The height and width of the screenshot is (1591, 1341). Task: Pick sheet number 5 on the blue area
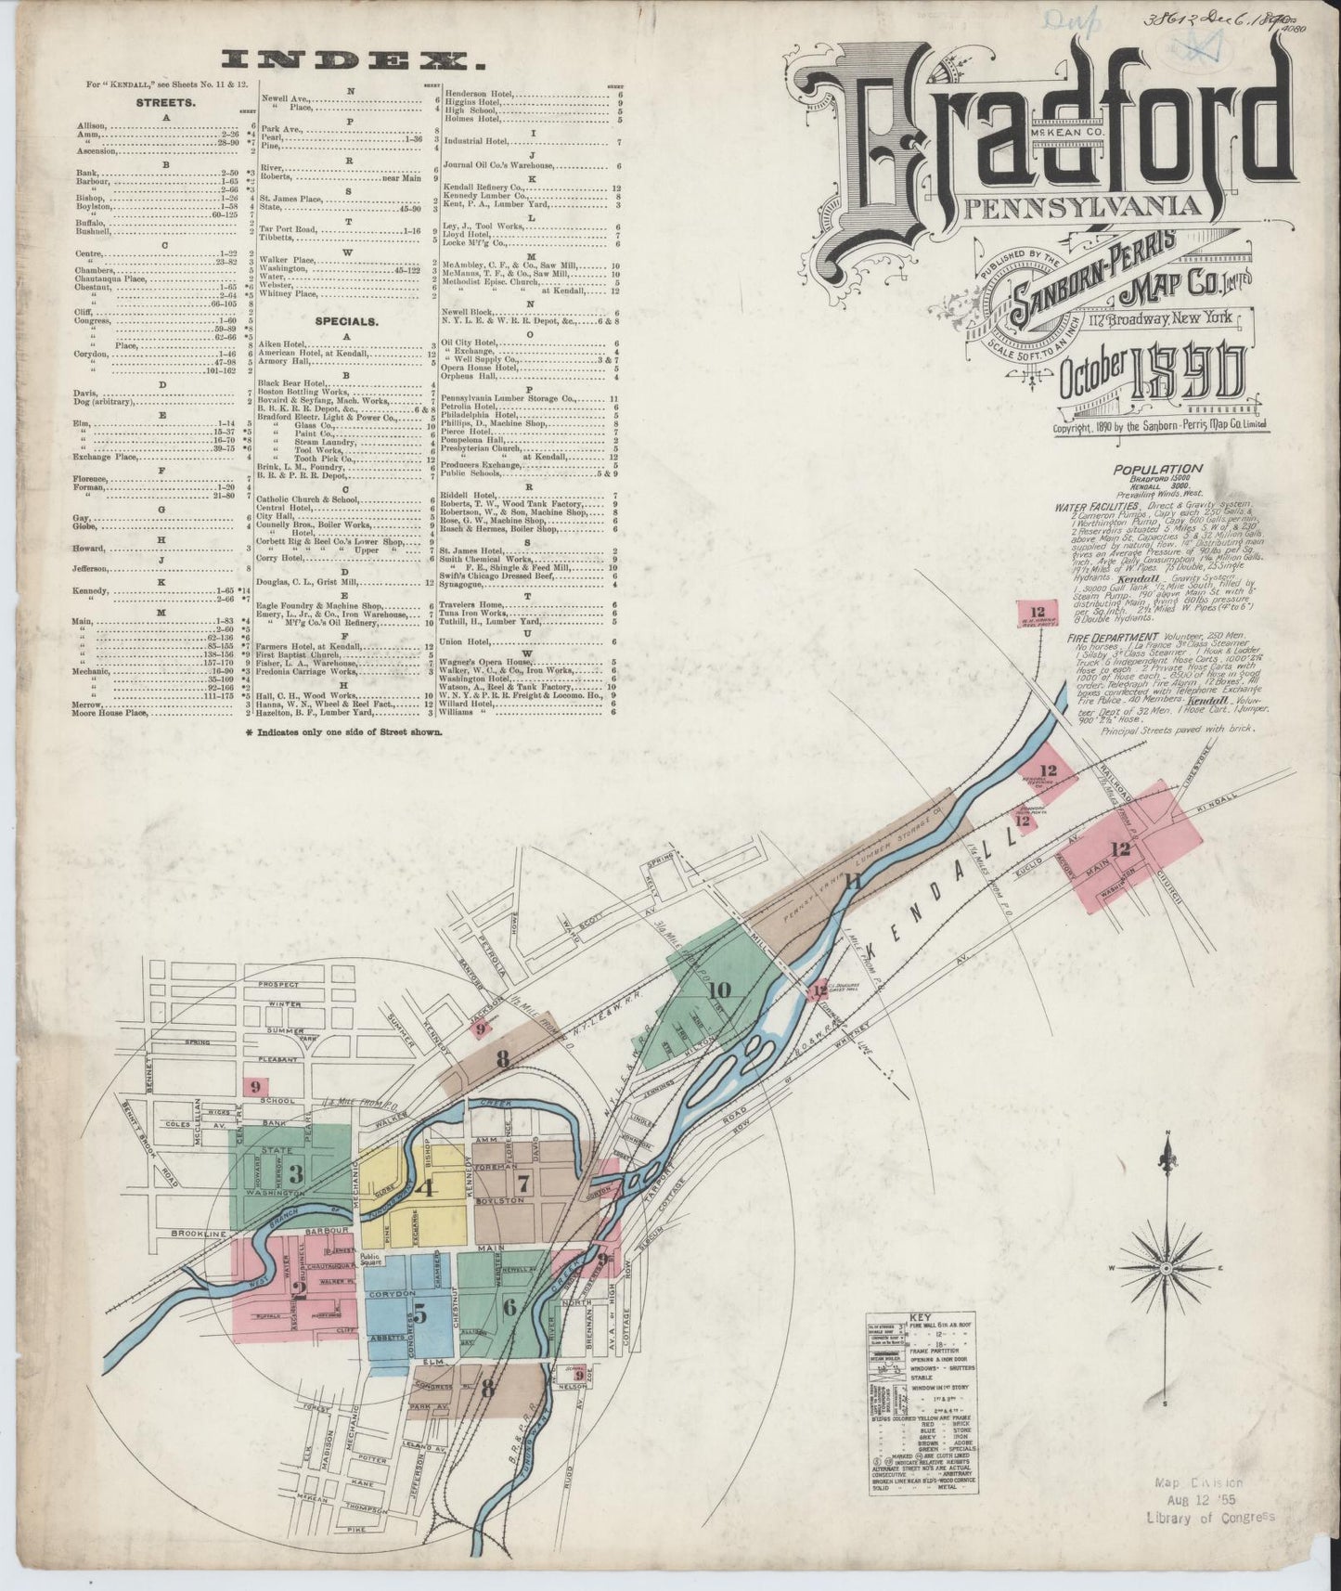click(x=420, y=1313)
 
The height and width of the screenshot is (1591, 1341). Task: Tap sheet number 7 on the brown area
click(x=523, y=1183)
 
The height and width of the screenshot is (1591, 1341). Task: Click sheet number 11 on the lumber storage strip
click(x=853, y=882)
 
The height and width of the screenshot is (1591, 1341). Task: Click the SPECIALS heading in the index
click(x=345, y=320)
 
